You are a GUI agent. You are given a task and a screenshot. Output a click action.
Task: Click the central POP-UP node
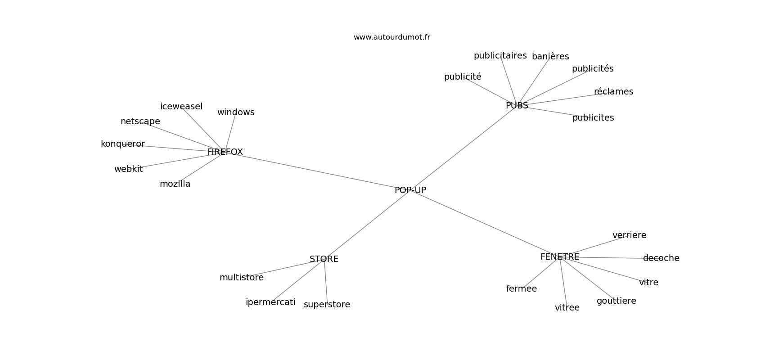[x=410, y=190]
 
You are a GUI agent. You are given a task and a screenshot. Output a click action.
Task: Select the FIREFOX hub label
[x=225, y=152]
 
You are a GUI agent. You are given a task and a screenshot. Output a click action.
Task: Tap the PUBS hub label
[x=517, y=106]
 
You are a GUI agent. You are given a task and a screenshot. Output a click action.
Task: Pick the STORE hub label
[x=324, y=259]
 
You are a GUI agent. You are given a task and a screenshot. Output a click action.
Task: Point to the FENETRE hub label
[x=559, y=257]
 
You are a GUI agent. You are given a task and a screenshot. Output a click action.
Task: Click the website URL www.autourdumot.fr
[x=391, y=37]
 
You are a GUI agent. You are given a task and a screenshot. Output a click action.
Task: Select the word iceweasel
[x=181, y=107]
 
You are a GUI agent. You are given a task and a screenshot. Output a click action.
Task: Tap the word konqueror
[x=122, y=144]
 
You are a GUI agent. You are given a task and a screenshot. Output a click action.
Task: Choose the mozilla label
[x=175, y=184]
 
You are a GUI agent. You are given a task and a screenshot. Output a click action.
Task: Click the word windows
[x=236, y=112]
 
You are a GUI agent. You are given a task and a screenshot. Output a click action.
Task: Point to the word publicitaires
[x=500, y=56]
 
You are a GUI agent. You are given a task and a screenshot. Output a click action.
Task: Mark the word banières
[x=550, y=57]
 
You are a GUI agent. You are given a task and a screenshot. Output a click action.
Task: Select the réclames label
[x=613, y=92]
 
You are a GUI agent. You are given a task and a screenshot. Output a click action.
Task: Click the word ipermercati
[x=270, y=302]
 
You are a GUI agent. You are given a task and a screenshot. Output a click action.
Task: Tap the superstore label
[x=327, y=305]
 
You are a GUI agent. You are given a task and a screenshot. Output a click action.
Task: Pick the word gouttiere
[x=616, y=301]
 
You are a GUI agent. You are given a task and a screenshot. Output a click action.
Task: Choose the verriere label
[x=629, y=235]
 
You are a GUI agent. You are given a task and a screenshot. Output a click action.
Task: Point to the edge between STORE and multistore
[x=283, y=268]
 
